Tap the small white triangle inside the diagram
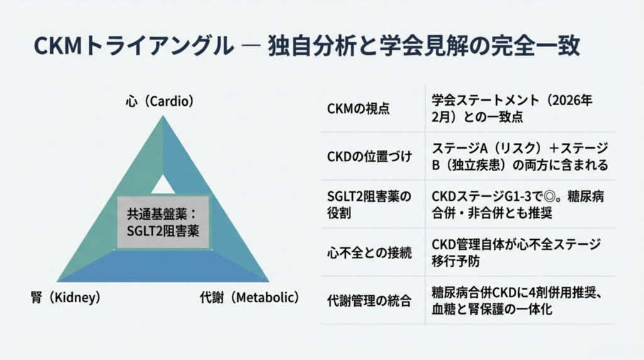coord(163,186)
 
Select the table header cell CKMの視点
coord(358,108)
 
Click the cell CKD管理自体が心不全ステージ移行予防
coord(516,252)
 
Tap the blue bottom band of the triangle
coord(163,267)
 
